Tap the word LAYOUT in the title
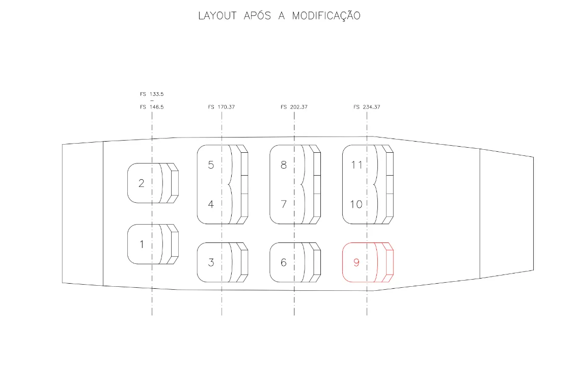(x=217, y=16)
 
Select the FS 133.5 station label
(x=152, y=94)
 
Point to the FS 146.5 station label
(x=152, y=107)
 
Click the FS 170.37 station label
(x=221, y=107)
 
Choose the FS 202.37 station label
(x=294, y=107)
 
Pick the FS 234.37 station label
(x=367, y=107)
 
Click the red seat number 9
(x=356, y=262)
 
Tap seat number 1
(x=142, y=244)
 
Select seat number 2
(x=141, y=183)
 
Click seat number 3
(x=211, y=262)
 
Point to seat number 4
(x=211, y=204)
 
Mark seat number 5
(x=211, y=165)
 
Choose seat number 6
(x=283, y=262)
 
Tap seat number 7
(x=283, y=204)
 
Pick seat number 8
(x=283, y=165)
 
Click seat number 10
(x=356, y=204)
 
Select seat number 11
(x=356, y=165)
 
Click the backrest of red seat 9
(x=387, y=262)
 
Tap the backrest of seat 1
(x=172, y=244)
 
